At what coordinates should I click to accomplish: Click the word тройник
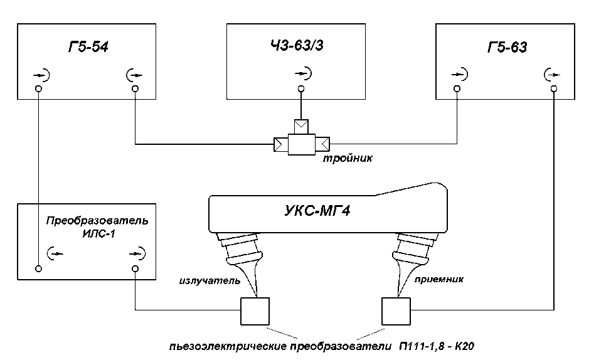coord(348,158)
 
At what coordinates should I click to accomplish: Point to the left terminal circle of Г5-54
coord(38,89)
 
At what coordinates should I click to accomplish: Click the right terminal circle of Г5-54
coord(135,89)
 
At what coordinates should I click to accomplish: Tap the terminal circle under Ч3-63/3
coord(300,89)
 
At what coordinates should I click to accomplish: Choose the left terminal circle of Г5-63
coord(457,89)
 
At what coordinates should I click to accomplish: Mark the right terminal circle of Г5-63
coord(554,89)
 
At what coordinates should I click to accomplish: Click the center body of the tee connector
coord(300,145)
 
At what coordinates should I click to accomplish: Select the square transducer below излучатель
coord(255,312)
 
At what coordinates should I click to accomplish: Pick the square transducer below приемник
coord(395,312)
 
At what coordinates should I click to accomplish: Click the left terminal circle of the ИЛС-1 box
coord(38,268)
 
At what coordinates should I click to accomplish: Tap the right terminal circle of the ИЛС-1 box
coord(135,268)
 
